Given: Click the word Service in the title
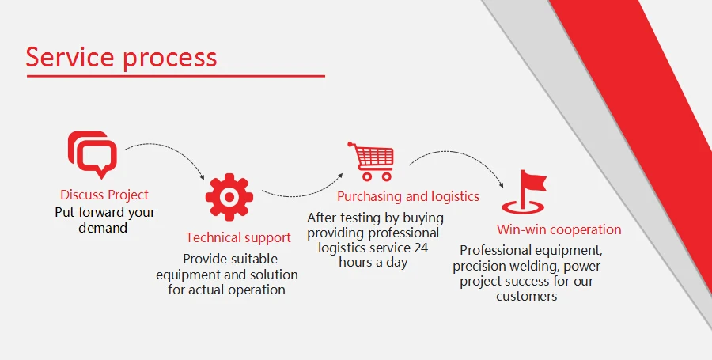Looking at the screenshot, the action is (x=70, y=57).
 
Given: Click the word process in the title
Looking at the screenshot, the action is (x=170, y=60).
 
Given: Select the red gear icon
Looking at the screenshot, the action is (x=229, y=197).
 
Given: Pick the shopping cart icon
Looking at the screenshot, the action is (x=371, y=161).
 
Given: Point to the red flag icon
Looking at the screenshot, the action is (x=525, y=192).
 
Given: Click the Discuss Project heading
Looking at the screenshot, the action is (x=104, y=195).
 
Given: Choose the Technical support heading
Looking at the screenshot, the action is (x=238, y=237).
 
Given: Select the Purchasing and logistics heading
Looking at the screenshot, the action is (x=408, y=196).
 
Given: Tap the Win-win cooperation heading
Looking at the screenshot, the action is (x=559, y=229).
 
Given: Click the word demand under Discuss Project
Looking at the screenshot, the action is (x=103, y=228).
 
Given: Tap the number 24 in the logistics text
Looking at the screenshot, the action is (x=421, y=248).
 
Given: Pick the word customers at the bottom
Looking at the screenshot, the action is (x=527, y=297).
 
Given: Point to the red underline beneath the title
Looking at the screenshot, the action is (x=176, y=76).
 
